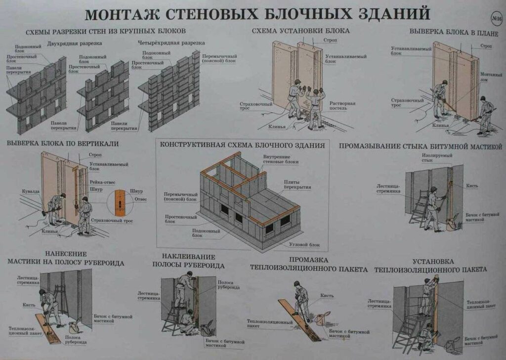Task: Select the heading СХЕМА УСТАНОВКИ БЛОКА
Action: click(301, 31)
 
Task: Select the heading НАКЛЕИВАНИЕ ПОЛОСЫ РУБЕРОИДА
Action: click(188, 261)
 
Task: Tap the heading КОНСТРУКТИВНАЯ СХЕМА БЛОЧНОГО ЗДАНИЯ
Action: click(242, 145)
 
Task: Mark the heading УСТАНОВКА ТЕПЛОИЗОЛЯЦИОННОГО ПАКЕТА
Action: click(430, 265)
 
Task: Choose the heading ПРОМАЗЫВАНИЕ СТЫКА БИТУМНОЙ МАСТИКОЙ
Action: click(420, 146)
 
